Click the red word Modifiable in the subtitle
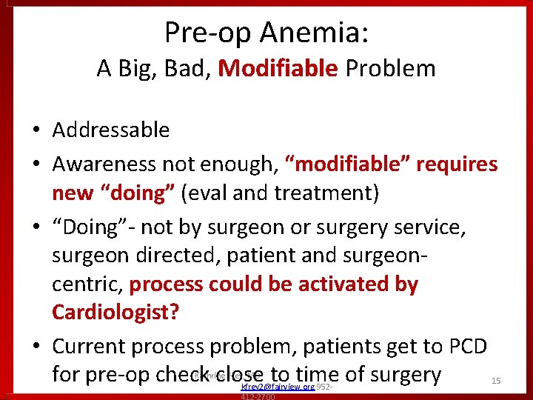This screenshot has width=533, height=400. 278,69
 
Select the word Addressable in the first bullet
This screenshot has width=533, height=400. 111,130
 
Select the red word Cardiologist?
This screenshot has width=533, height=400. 115,312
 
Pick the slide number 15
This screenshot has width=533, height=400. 497,380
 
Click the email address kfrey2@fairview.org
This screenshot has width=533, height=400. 278,387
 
